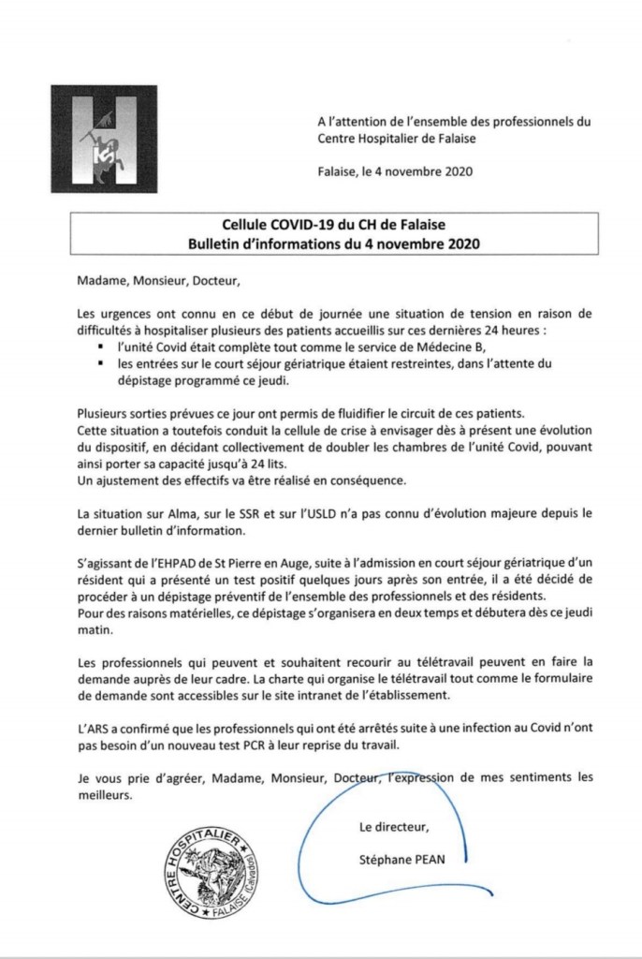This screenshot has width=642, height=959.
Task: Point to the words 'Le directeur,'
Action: pyautogui.click(x=394, y=826)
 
